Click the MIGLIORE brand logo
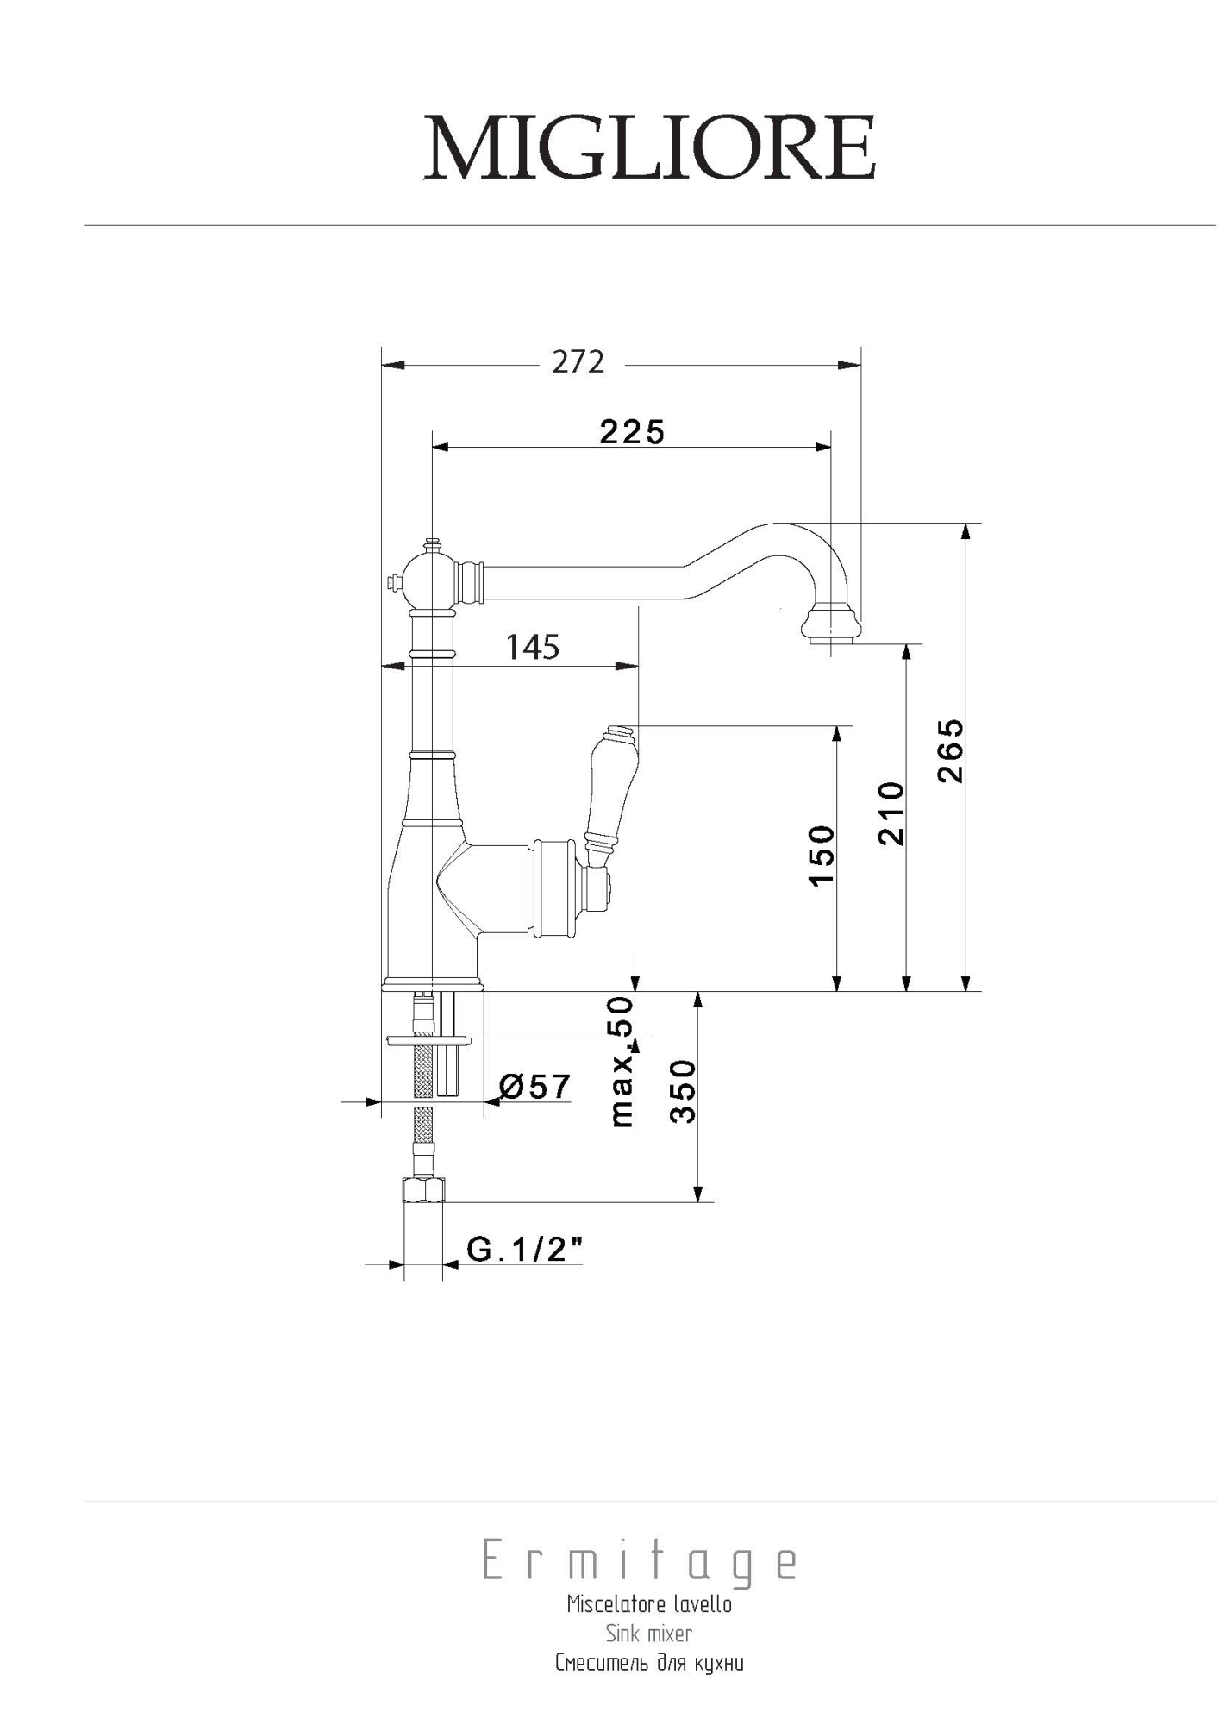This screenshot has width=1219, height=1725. click(650, 147)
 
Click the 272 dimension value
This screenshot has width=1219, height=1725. click(578, 362)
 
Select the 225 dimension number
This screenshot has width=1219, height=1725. click(632, 431)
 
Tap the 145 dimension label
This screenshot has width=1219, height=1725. click(533, 647)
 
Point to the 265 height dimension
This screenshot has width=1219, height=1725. click(951, 750)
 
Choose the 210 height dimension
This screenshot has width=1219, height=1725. click(891, 812)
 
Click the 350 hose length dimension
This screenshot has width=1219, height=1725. click(683, 1091)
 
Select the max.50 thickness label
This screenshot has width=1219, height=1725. click(622, 1062)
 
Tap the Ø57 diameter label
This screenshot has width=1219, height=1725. click(534, 1087)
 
